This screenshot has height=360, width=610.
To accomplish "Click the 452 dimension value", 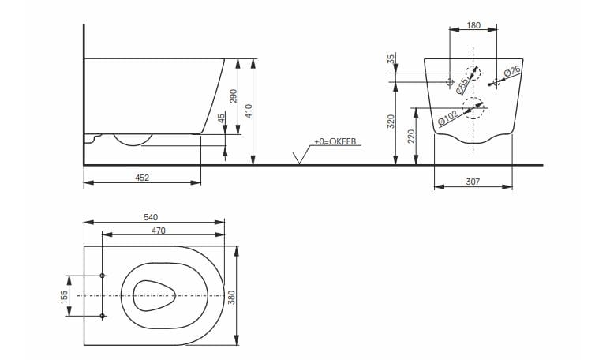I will pyautogui.click(x=142, y=178).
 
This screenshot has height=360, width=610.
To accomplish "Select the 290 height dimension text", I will pyautogui.click(x=233, y=96).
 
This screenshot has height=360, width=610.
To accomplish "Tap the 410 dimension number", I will pyautogui.click(x=248, y=111).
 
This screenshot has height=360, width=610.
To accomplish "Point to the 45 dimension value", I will pyautogui.click(x=222, y=118).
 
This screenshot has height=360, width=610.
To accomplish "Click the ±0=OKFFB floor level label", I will pyautogui.click(x=335, y=141).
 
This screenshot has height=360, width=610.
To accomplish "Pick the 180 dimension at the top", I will pyautogui.click(x=473, y=25).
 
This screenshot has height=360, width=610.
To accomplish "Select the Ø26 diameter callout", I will pyautogui.click(x=511, y=73).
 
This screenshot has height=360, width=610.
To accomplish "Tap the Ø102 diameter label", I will pyautogui.click(x=448, y=119).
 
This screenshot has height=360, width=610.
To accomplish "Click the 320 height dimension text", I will pyautogui.click(x=391, y=121).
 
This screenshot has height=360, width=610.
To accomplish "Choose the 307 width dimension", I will pyautogui.click(x=473, y=182).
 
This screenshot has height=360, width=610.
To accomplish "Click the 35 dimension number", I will pyautogui.click(x=391, y=60).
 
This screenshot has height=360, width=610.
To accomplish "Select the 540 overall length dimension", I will pyautogui.click(x=152, y=217).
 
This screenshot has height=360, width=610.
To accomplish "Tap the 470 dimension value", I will pyautogui.click(x=158, y=231).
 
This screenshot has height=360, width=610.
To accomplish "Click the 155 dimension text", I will pyautogui.click(x=65, y=295).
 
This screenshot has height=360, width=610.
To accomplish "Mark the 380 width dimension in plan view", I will pyautogui.click(x=232, y=297).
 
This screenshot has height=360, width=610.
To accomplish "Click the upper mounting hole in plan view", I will pyautogui.click(x=103, y=276).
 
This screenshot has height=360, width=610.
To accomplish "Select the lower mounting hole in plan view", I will pyautogui.click(x=103, y=316).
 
